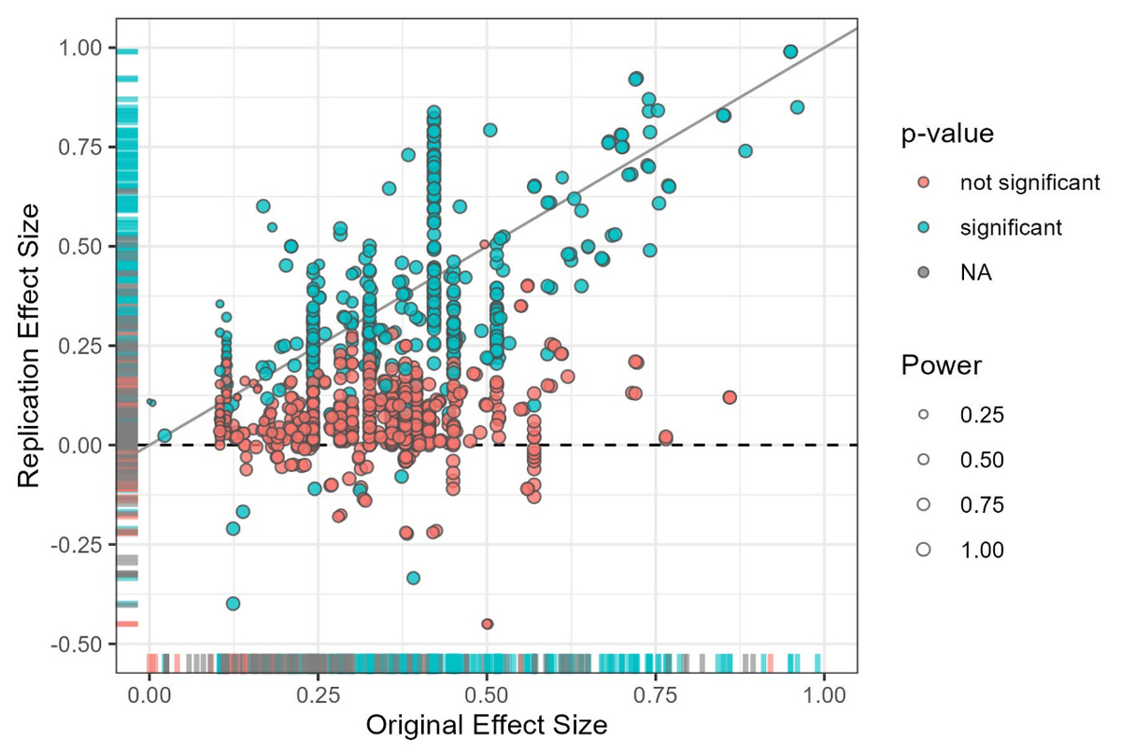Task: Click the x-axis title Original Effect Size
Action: tap(487, 725)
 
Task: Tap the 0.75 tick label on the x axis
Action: tap(655, 696)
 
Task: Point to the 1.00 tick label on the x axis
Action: tap(824, 696)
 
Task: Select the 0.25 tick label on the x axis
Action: tap(317, 696)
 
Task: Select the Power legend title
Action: tap(941, 366)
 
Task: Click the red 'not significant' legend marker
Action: tap(924, 182)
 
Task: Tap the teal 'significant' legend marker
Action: tap(924, 228)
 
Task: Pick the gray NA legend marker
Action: tap(924, 274)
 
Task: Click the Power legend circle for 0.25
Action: tap(924, 414)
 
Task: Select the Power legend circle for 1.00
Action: tap(924, 550)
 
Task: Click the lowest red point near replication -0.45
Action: tap(487, 623)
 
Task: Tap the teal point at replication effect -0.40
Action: tap(233, 604)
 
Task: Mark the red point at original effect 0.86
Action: tap(730, 397)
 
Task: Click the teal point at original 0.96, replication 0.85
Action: tap(797, 107)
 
